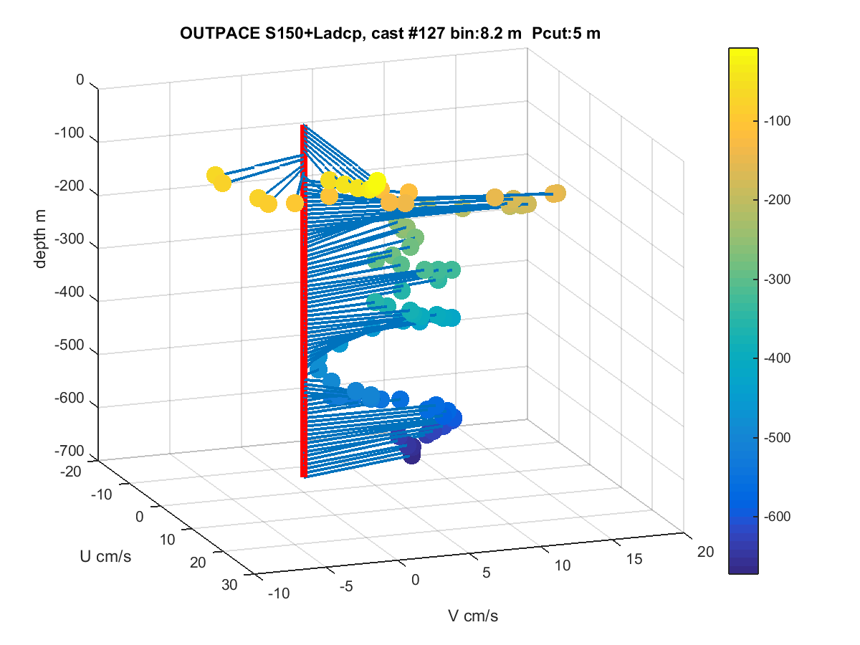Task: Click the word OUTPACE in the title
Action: pos(220,33)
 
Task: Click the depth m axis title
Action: pos(40,239)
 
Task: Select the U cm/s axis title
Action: pos(105,556)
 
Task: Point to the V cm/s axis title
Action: pos(473,616)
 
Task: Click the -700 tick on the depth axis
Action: pos(70,451)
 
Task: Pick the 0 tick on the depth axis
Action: pos(80,80)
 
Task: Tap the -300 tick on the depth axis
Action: pos(70,239)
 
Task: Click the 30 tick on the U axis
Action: pos(229,585)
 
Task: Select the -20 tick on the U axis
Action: pos(70,472)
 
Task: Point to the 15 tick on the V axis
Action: pos(634,559)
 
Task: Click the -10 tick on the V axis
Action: pos(279,593)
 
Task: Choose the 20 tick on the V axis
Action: pos(705,551)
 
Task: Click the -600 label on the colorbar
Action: pos(778,516)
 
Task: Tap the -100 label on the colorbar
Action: pos(778,120)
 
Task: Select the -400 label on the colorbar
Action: pos(778,358)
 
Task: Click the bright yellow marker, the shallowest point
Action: pos(377,181)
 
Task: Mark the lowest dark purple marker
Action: pos(412,457)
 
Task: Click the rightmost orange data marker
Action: pos(555,193)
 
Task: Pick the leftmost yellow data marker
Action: pos(215,175)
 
